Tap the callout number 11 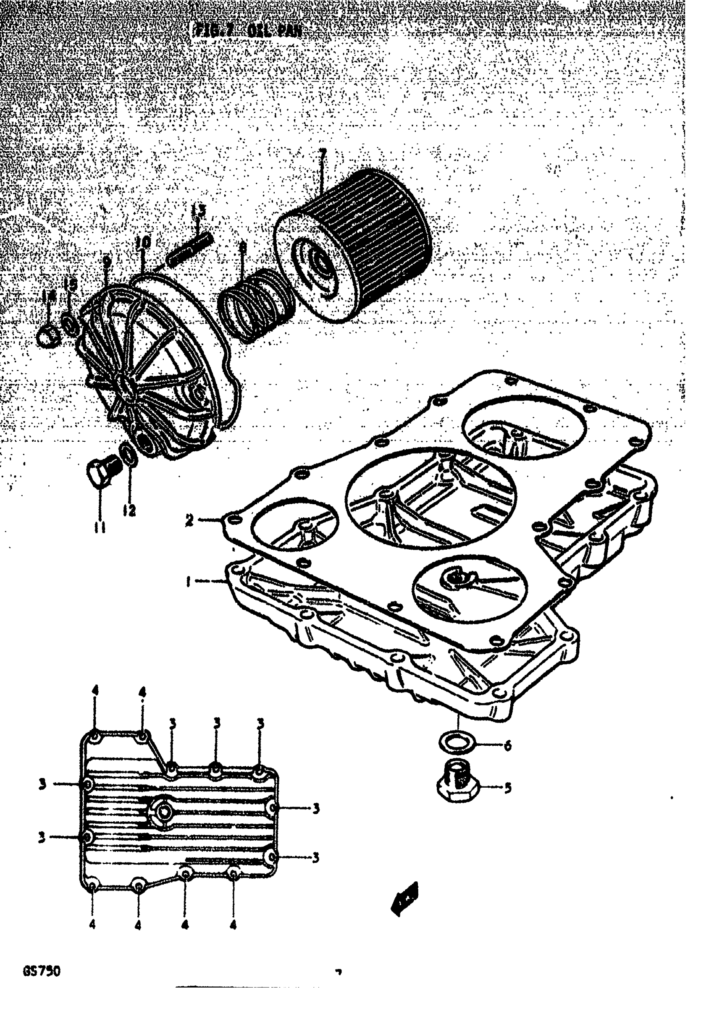pos(100,527)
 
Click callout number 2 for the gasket pos(189,520)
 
